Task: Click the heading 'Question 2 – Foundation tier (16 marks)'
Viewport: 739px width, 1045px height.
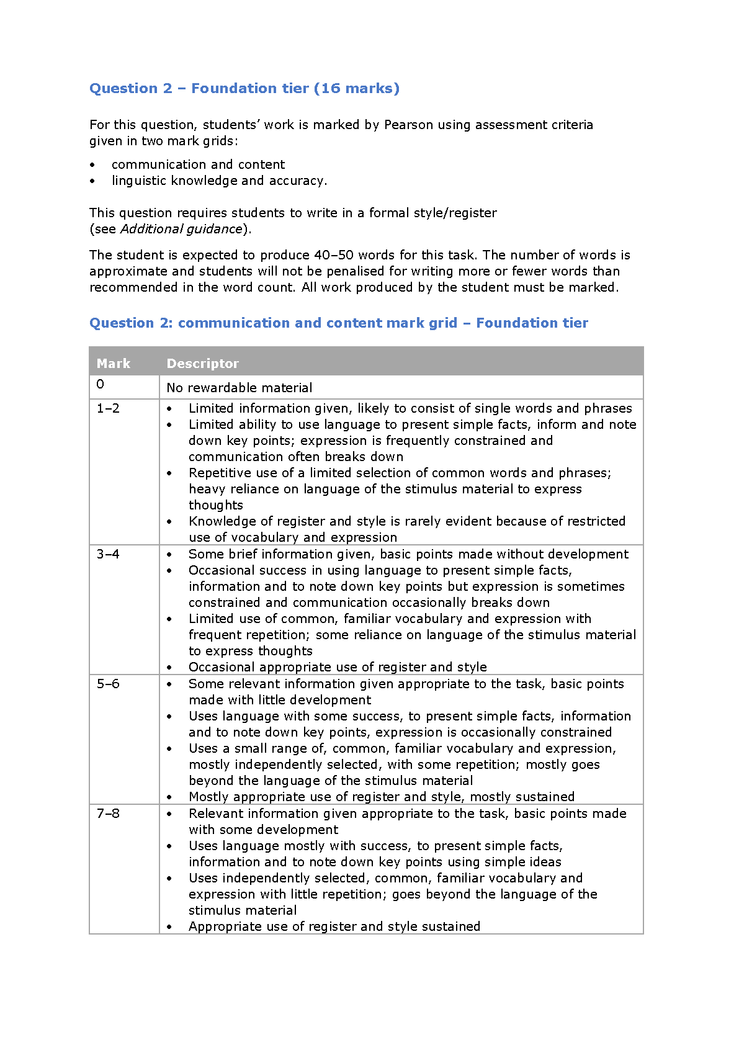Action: coord(244,89)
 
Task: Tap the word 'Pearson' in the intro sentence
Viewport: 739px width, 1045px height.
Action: coord(408,125)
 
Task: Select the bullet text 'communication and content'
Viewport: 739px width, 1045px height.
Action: coord(198,164)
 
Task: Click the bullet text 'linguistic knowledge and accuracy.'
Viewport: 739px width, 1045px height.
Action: coord(219,181)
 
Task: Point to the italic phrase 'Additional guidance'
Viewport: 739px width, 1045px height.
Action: coord(181,229)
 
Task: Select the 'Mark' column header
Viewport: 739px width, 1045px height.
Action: coord(114,364)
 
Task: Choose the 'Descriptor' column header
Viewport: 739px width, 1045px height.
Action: coord(202,364)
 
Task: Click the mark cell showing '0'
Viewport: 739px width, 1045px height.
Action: coord(101,384)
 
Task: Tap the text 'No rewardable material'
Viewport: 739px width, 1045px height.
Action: coord(240,388)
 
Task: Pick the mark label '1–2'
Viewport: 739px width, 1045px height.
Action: coord(108,408)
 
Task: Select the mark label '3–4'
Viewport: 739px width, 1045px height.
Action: coord(108,554)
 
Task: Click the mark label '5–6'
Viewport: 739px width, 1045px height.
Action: coord(108,684)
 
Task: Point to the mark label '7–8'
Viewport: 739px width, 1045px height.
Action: coord(108,814)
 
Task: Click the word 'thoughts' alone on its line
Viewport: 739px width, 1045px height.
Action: coord(216,505)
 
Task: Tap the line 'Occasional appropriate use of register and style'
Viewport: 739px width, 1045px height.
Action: coord(338,667)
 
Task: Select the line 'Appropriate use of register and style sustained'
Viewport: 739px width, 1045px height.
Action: coord(334,926)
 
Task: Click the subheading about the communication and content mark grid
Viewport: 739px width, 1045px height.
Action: coord(339,323)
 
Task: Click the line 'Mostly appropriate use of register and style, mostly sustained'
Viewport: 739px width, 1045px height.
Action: coord(382,797)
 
